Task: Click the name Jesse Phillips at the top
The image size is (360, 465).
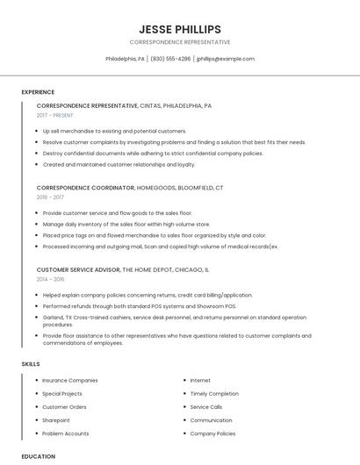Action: pyautogui.click(x=180, y=29)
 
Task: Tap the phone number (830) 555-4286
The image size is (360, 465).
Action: pyautogui.click(x=170, y=59)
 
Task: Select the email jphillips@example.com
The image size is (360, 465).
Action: pyautogui.click(x=226, y=59)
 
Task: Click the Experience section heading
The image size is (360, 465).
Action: pyautogui.click(x=38, y=92)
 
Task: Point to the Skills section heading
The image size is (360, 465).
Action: pyautogui.click(x=31, y=363)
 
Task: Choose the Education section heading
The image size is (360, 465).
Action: pyautogui.click(x=39, y=456)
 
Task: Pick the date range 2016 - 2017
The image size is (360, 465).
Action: pyautogui.click(x=51, y=197)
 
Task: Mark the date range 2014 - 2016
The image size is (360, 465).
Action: pyautogui.click(x=51, y=279)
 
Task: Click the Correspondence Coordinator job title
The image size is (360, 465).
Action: pyautogui.click(x=85, y=188)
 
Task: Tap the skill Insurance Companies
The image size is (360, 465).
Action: pyautogui.click(x=70, y=381)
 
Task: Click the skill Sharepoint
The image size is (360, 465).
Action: pyautogui.click(x=57, y=420)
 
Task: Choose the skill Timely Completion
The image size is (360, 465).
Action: pyautogui.click(x=214, y=394)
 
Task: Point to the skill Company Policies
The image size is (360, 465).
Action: pyautogui.click(x=212, y=433)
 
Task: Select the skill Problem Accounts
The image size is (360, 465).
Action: pyautogui.click(x=66, y=433)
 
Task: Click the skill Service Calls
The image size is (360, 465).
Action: pyautogui.click(x=206, y=407)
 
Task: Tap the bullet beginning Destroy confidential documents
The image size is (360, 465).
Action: pyautogui.click(x=153, y=153)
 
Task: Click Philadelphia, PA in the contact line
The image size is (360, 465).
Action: pyautogui.click(x=126, y=59)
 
